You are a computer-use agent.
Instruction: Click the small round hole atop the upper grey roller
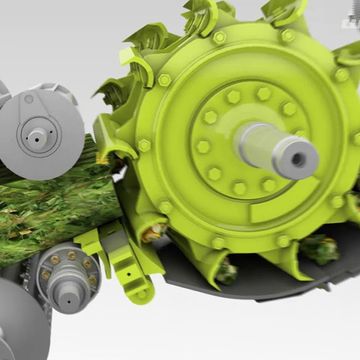[x=28, y=99]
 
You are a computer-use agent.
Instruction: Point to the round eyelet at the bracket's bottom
[x=141, y=293]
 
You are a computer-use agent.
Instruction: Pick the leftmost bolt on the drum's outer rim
[x=144, y=145]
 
